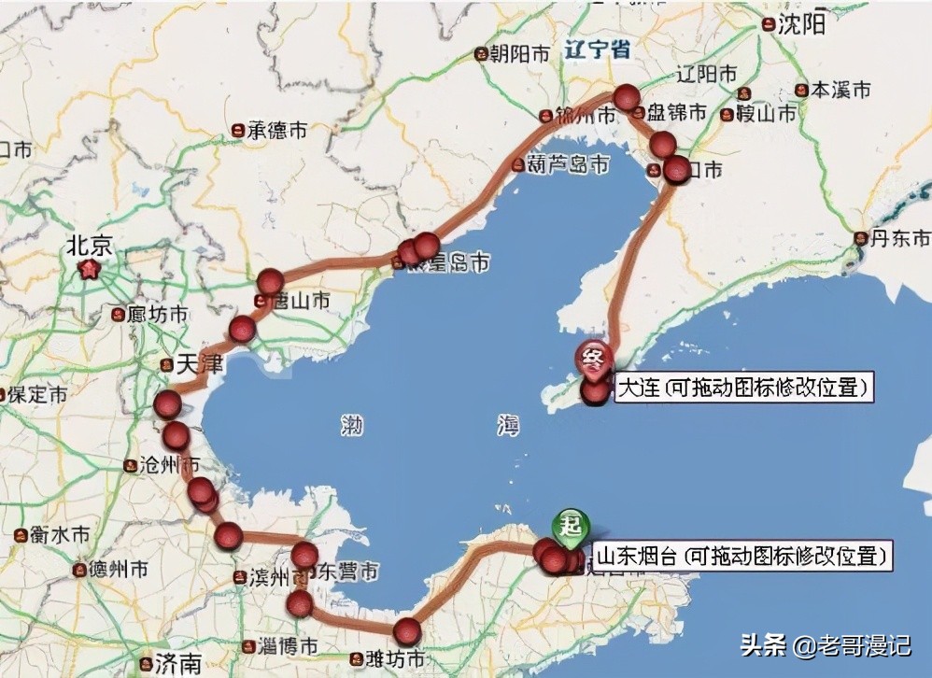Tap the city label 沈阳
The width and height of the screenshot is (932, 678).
tap(801, 24)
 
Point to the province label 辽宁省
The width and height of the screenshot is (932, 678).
tap(597, 50)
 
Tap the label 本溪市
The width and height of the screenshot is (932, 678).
tap(839, 90)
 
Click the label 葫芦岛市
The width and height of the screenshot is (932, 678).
tap(567, 164)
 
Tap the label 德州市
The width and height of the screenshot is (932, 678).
tap(117, 569)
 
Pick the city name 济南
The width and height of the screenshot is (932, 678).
tap(177, 664)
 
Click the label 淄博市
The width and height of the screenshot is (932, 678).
tap(284, 645)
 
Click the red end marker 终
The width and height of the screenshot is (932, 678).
tap(593, 356)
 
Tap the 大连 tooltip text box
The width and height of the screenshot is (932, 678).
tap(744, 387)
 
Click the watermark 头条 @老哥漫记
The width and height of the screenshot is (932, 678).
tap(826, 644)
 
